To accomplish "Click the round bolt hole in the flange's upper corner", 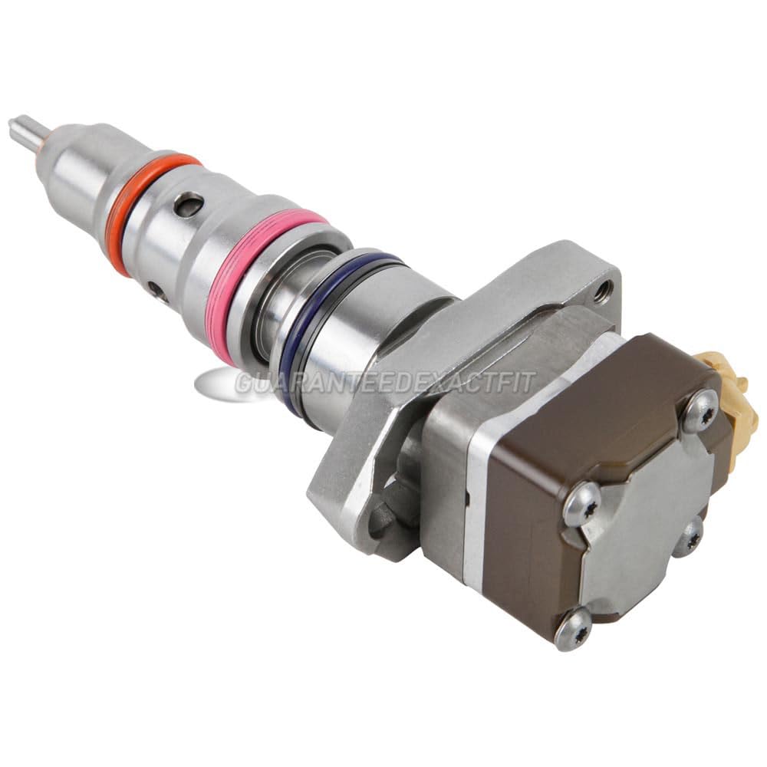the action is (x=604, y=289).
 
